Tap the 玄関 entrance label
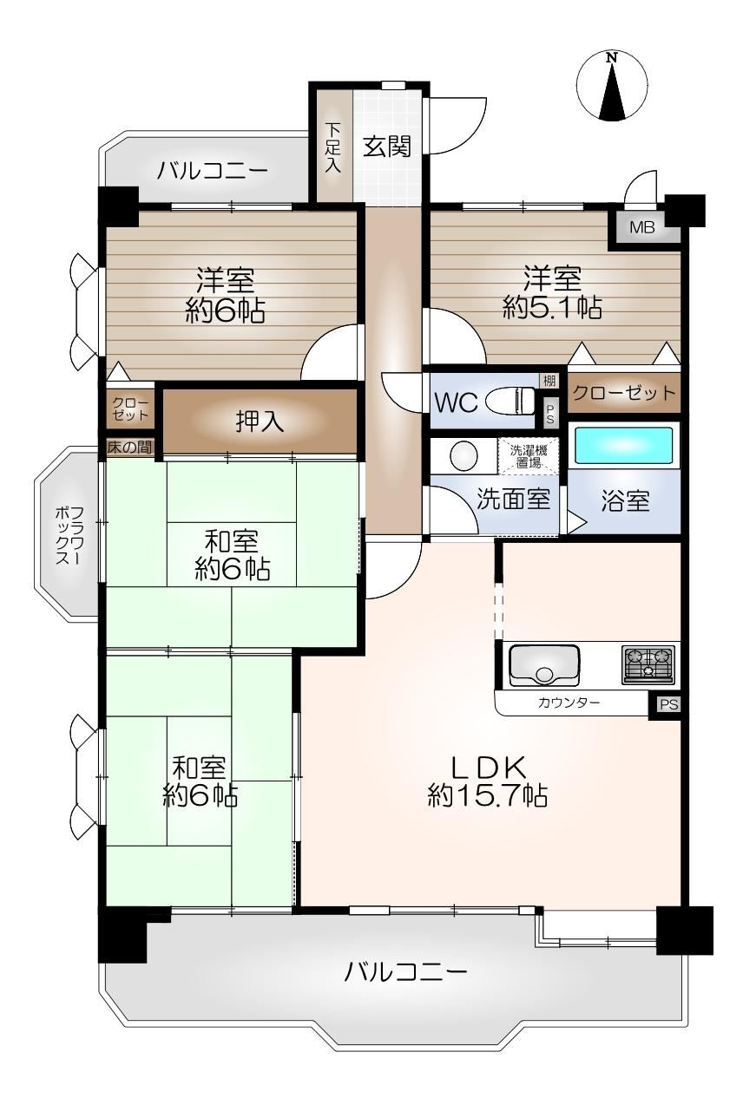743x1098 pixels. tap(387, 146)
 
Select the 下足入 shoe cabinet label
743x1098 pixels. tap(333, 147)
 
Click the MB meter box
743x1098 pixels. tap(642, 227)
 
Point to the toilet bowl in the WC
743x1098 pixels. tap(510, 401)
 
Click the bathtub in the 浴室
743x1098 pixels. tap(622, 445)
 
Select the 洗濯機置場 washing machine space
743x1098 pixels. tap(528, 456)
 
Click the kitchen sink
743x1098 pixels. tap(544, 666)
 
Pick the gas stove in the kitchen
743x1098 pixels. tap(648, 665)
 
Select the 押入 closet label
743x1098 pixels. tap(260, 421)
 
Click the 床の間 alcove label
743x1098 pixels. tap(130, 447)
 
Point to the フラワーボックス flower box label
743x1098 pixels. tap(69, 536)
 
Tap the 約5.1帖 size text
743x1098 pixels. tap(552, 308)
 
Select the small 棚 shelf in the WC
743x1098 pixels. tap(549, 380)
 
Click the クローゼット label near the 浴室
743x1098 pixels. tap(624, 393)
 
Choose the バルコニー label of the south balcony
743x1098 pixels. tap(405, 971)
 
